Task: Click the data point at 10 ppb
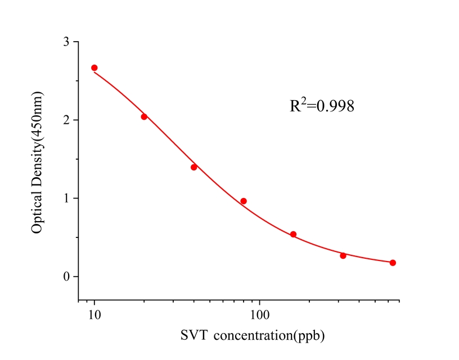pos(94,67)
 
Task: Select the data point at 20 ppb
pos(144,116)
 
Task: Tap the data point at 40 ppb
pos(194,167)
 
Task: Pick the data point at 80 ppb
pos(244,201)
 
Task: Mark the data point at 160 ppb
pos(293,234)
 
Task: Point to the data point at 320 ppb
pos(343,255)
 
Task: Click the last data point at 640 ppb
pos(393,263)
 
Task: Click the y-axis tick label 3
pos(67,42)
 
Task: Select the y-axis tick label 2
pos(67,120)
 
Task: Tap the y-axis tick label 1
pos(67,199)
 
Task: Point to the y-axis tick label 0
pos(67,277)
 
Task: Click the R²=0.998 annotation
pos(322,105)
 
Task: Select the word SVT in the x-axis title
pos(193,336)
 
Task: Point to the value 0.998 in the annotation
pos(335,106)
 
